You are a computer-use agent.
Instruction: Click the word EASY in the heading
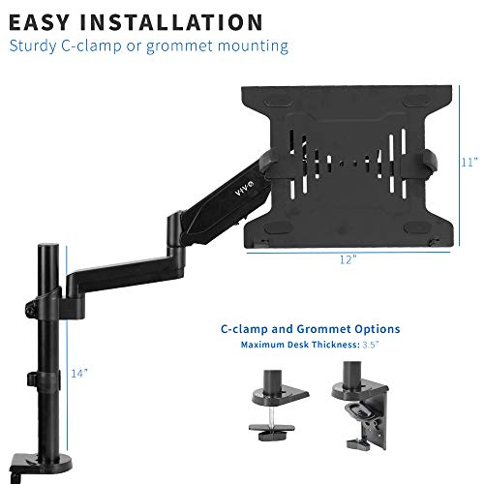40,22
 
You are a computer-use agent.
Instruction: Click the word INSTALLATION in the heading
171,22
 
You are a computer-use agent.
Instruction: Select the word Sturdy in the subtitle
33,46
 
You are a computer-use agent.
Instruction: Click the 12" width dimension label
348,259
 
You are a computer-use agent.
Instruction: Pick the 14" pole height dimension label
79,374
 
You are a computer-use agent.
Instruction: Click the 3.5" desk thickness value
370,345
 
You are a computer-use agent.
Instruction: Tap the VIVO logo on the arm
244,190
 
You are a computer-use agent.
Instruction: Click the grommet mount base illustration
277,406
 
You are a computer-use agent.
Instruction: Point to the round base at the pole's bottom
42,462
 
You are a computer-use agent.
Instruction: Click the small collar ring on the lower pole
44,380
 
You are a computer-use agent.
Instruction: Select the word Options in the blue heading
378,329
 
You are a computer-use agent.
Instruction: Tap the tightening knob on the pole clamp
30,307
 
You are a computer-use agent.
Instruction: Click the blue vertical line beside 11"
459,166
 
